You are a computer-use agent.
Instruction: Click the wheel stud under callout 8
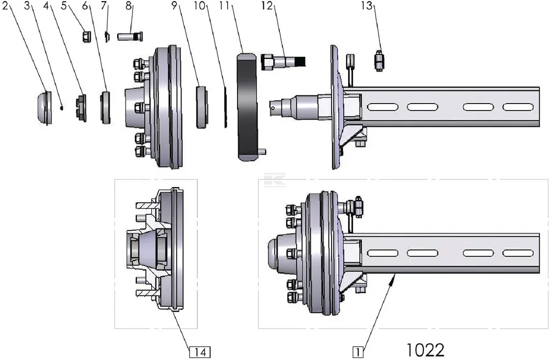[130, 37]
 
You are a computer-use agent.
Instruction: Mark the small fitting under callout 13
[378, 60]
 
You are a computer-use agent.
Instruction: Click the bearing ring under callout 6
[105, 107]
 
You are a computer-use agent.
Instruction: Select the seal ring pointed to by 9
[202, 107]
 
